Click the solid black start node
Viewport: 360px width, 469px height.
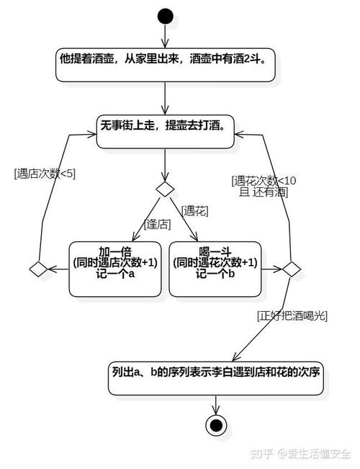pyautogui.click(x=166, y=15)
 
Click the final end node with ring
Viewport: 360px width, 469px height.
pyautogui.click(x=215, y=425)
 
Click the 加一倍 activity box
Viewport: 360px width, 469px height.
pyautogui.click(x=116, y=268)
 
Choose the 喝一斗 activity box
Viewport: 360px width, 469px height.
pyautogui.click(x=215, y=268)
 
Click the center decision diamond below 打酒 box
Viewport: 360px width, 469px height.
pyautogui.click(x=166, y=189)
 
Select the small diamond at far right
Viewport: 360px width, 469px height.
pyautogui.click(x=291, y=269)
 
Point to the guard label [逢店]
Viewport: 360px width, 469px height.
pyautogui.click(x=158, y=224)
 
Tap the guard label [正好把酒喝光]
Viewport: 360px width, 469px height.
pyautogui.click(x=291, y=316)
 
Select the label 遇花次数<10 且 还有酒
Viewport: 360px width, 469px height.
pyautogui.click(x=263, y=186)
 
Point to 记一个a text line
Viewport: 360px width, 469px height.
pyautogui.click(x=115, y=274)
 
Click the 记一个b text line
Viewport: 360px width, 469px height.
pyautogui.click(x=215, y=274)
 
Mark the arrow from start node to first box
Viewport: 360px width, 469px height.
pyautogui.click(x=166, y=36)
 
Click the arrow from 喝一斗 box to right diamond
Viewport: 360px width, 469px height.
pyautogui.click(x=271, y=269)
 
